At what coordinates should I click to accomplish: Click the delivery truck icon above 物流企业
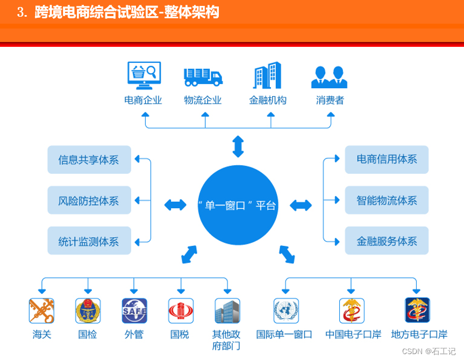click(x=203, y=77)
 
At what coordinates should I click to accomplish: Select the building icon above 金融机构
click(x=267, y=75)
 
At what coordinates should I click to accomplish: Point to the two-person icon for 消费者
click(x=329, y=77)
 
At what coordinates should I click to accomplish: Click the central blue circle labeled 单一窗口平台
click(x=238, y=205)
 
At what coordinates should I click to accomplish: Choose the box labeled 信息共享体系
click(x=89, y=160)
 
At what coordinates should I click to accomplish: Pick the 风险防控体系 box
click(x=89, y=201)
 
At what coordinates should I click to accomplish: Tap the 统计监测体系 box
click(x=89, y=241)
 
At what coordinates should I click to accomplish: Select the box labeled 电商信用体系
click(x=387, y=159)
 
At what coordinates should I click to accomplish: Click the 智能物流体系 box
click(x=387, y=200)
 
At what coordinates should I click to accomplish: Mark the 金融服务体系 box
click(x=387, y=241)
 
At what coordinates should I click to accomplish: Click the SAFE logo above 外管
click(x=134, y=310)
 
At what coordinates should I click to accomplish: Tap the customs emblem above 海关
click(x=41, y=310)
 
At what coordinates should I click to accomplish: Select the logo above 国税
click(x=181, y=310)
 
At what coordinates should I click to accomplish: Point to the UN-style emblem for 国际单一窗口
click(x=285, y=310)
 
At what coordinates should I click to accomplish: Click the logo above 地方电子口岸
click(x=417, y=310)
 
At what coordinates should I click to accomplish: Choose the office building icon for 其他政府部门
click(x=227, y=311)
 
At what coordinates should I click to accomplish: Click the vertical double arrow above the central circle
click(x=238, y=146)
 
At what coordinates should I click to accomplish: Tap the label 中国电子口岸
click(x=353, y=334)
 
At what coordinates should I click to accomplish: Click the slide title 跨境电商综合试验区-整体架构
click(x=127, y=12)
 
